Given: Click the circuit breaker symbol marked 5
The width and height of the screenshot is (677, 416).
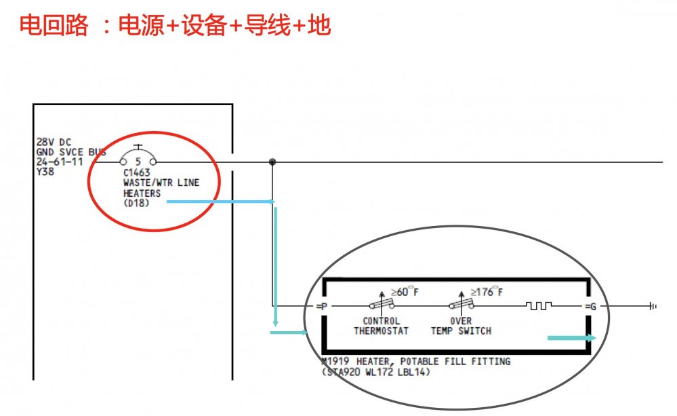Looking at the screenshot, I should tap(138, 159).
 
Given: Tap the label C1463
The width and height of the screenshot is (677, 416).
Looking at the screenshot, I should tap(136, 173).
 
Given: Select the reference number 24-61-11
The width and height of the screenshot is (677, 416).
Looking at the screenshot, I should tap(59, 162).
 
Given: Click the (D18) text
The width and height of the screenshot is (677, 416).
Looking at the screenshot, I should tap(137, 203).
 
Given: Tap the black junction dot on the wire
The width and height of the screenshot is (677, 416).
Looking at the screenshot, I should tap(272, 162).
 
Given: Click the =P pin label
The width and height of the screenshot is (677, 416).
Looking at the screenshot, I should tap(322, 307).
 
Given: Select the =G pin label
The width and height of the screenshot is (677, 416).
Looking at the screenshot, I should tap(591, 307).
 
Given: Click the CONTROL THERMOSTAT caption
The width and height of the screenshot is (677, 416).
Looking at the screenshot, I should tap(382, 326).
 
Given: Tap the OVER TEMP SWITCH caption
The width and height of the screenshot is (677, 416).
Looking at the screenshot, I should tap(461, 326).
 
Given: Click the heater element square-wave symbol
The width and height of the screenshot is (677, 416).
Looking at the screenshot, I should tap(539, 306).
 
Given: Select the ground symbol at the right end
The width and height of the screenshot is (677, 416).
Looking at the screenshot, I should tap(653, 307).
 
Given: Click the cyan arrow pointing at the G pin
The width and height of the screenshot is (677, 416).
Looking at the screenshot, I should tap(571, 337).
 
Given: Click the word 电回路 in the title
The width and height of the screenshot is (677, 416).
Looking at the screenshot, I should tap(54, 26).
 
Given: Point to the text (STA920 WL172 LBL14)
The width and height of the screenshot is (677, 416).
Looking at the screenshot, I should tap(375, 372).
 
